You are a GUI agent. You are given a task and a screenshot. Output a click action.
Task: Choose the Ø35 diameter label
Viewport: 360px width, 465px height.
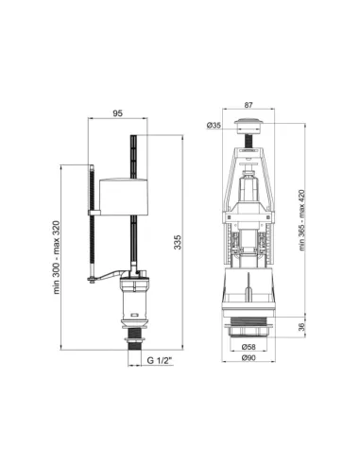tap(214, 125)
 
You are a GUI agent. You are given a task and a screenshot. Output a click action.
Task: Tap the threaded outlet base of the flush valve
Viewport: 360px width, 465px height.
tap(249, 330)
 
